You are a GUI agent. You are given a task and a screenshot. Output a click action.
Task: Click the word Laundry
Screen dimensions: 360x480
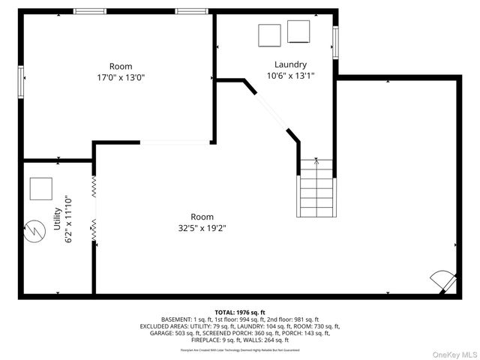point(290,64)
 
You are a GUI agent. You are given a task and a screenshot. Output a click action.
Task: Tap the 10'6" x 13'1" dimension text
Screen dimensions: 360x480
point(290,76)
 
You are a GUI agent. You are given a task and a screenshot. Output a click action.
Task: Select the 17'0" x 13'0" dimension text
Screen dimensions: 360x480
point(121,77)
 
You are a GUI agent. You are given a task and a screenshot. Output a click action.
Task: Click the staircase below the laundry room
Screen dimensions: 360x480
point(316,193)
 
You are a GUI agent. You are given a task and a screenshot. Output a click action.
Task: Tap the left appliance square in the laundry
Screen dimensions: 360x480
point(268,34)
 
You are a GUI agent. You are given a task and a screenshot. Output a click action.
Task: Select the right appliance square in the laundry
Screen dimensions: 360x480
point(298,31)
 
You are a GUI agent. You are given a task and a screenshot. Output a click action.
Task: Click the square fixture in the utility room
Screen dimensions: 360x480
point(40,189)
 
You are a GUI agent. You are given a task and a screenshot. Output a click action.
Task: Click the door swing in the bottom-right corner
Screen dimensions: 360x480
point(442,281)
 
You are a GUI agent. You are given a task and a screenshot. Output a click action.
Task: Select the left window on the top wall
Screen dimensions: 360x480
point(89,11)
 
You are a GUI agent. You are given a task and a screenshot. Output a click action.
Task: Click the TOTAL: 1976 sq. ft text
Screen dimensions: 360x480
point(239,312)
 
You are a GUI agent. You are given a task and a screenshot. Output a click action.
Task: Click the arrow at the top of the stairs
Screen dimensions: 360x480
point(316,161)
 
